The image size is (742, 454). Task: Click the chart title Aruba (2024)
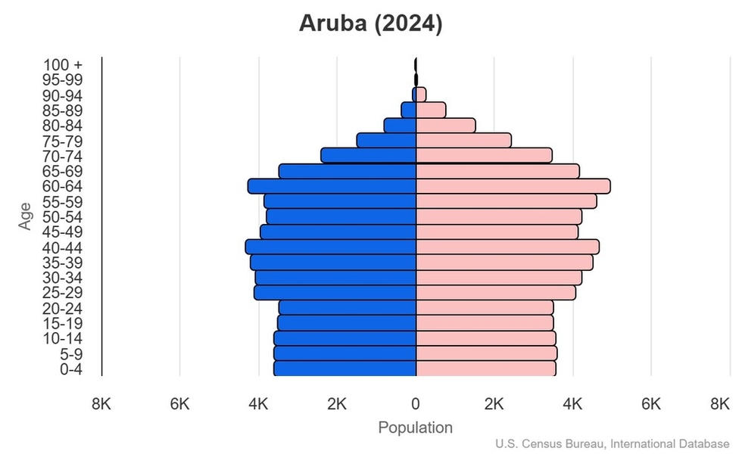pos(370,23)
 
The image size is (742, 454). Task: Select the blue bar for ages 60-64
pos(332,186)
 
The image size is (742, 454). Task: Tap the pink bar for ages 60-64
pos(513,186)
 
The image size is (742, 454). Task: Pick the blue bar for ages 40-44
pos(331,247)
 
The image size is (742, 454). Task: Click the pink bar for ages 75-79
pos(463,141)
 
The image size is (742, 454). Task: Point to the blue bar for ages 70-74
pos(369,156)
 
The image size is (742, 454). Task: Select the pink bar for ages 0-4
pos(486,368)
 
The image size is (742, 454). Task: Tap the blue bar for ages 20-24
pos(348,308)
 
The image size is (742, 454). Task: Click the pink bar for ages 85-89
pos(431,110)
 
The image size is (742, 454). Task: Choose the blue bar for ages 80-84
pos(401,126)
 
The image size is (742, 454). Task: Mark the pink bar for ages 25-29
pos(496,293)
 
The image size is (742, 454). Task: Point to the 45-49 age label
pos(61,232)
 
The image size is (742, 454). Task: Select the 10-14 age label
pos(61,338)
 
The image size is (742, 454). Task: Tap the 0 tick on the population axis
pos(416,404)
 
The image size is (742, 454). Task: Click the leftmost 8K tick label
pos(101,404)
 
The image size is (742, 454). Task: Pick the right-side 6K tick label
pos(651,404)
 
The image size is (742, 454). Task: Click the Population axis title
pos(415,428)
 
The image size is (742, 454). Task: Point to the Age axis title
pos(26,216)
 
